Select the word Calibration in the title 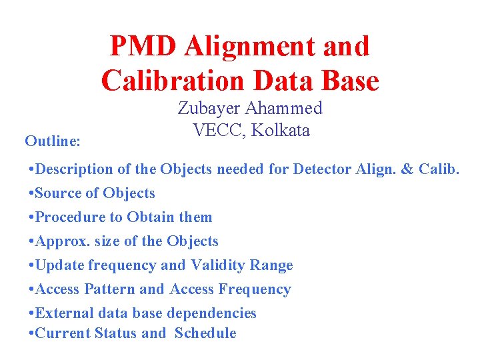pyautogui.click(x=172, y=81)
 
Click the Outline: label pyautogui.click(x=53, y=141)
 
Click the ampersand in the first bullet pyautogui.click(x=407, y=169)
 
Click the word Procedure pyautogui.click(x=67, y=217)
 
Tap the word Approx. pyautogui.click(x=61, y=241)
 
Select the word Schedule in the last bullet pyautogui.click(x=205, y=333)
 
